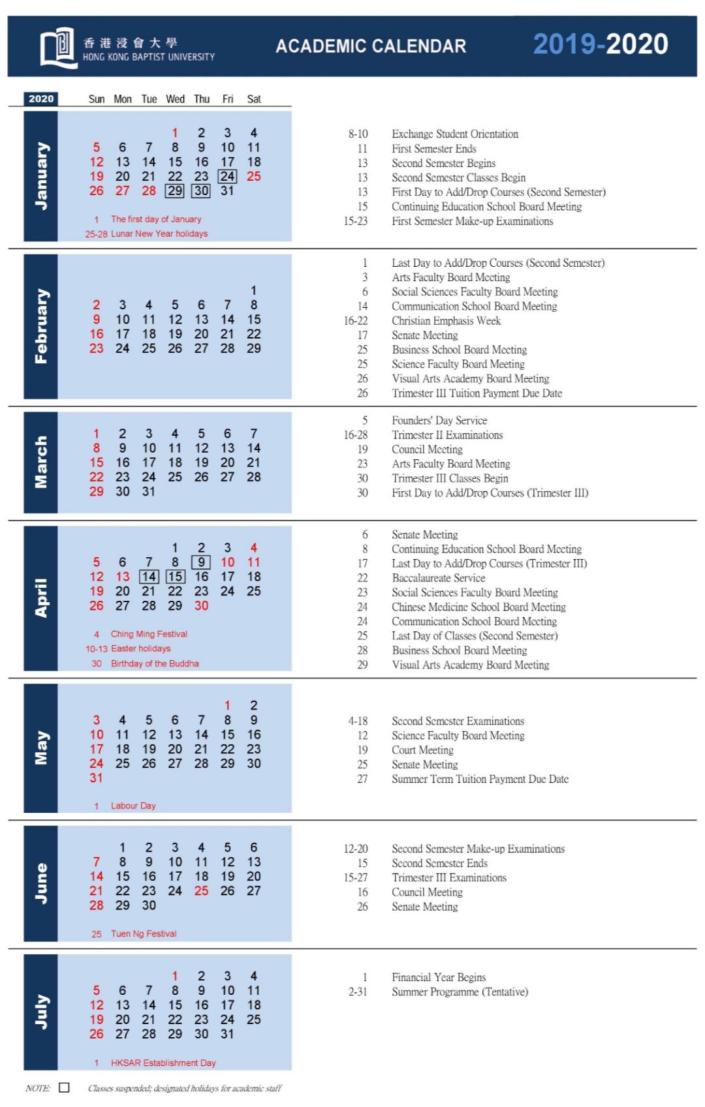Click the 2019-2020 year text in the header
click(x=600, y=44)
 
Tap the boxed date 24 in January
click(x=227, y=176)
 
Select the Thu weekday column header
click(x=202, y=99)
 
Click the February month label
click(x=41, y=326)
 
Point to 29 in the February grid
click(x=254, y=348)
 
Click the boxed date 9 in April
click(x=201, y=562)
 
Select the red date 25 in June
click(x=201, y=890)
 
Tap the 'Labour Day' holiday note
click(x=133, y=806)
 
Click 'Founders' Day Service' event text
click(x=439, y=421)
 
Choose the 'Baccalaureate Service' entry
click(x=439, y=578)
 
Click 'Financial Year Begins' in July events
click(x=439, y=977)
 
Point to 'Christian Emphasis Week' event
click(x=446, y=321)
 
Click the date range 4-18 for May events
click(x=358, y=721)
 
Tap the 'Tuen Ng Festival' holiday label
click(x=144, y=933)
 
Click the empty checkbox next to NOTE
click(x=64, y=1087)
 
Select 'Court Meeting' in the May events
click(x=422, y=750)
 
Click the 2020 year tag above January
click(x=41, y=99)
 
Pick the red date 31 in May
click(x=97, y=778)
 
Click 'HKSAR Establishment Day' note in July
click(x=163, y=1063)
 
